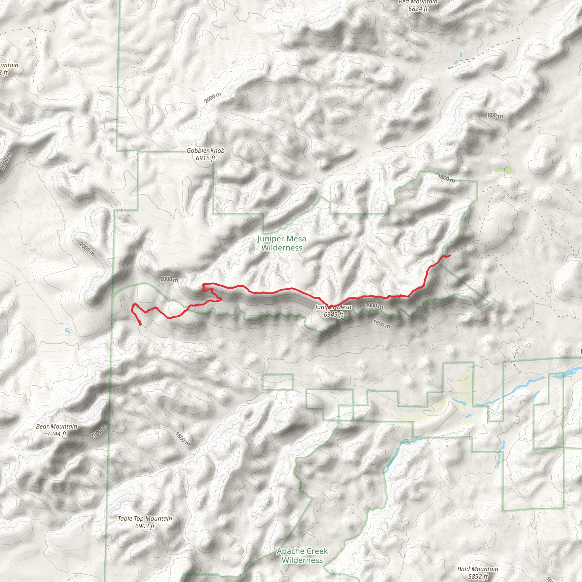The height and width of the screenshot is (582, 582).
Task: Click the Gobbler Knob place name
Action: point(205,150)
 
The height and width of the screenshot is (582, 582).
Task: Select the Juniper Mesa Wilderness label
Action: point(282,243)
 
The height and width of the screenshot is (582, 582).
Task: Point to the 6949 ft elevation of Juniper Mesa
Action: point(333,315)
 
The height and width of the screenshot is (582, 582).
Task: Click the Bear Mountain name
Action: point(57,426)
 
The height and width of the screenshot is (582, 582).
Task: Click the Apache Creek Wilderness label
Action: point(302,556)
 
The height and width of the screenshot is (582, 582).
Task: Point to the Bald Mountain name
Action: point(477,569)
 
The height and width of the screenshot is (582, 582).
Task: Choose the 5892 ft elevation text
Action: point(477,576)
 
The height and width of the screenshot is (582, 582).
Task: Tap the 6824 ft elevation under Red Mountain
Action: point(418,9)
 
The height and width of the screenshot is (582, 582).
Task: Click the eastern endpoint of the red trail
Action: point(450,255)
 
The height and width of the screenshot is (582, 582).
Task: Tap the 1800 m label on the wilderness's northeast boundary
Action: point(446,178)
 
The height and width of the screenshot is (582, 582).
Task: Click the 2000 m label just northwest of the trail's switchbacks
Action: point(169,279)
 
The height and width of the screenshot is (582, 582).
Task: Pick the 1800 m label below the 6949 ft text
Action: point(382,324)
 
